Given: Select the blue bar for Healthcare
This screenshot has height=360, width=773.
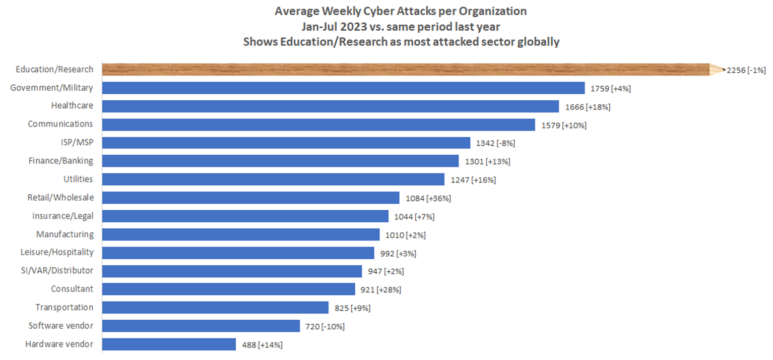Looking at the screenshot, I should click(x=331, y=106).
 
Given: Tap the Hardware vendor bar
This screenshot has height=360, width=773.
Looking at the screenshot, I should click(x=169, y=344).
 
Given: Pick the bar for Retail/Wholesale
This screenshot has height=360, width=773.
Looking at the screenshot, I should click(x=250, y=198).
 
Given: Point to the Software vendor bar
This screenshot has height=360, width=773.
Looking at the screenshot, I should click(x=201, y=326).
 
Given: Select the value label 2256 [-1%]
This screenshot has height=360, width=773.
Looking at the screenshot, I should click(x=746, y=71).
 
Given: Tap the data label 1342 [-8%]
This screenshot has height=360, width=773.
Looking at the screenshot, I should click(x=495, y=143).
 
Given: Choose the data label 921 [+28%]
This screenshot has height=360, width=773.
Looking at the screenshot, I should click(x=381, y=290).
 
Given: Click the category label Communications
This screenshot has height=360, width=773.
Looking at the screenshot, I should click(x=60, y=124).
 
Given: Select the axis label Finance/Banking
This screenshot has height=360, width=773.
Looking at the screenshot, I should click(x=61, y=161).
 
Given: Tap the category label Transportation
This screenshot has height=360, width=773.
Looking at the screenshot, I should click(x=64, y=308).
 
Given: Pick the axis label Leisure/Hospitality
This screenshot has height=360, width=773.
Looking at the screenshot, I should click(x=57, y=252).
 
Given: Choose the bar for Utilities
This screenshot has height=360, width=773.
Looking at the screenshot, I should click(x=273, y=179).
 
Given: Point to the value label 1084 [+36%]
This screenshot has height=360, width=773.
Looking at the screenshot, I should click(x=428, y=198).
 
